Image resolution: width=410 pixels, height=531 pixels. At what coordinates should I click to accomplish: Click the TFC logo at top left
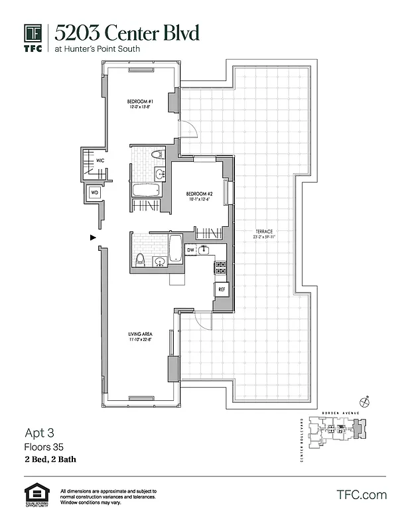[33, 37]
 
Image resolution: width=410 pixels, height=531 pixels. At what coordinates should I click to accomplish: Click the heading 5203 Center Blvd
[126, 33]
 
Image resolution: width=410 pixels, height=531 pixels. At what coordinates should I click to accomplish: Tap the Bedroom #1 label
[141, 102]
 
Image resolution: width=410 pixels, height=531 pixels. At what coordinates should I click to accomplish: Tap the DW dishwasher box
[190, 250]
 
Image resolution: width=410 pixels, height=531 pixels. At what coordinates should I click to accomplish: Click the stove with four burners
[220, 267]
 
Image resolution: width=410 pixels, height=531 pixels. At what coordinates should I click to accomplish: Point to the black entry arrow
[93, 238]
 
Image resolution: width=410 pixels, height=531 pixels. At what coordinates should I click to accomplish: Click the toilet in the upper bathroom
[157, 155]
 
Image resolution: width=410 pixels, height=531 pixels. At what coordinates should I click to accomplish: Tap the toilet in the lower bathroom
[140, 259]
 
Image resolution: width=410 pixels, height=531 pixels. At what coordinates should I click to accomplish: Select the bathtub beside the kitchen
[176, 250]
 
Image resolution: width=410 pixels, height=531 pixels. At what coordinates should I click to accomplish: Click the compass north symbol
[364, 401]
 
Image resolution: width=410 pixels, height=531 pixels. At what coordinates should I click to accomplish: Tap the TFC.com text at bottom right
[362, 494]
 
